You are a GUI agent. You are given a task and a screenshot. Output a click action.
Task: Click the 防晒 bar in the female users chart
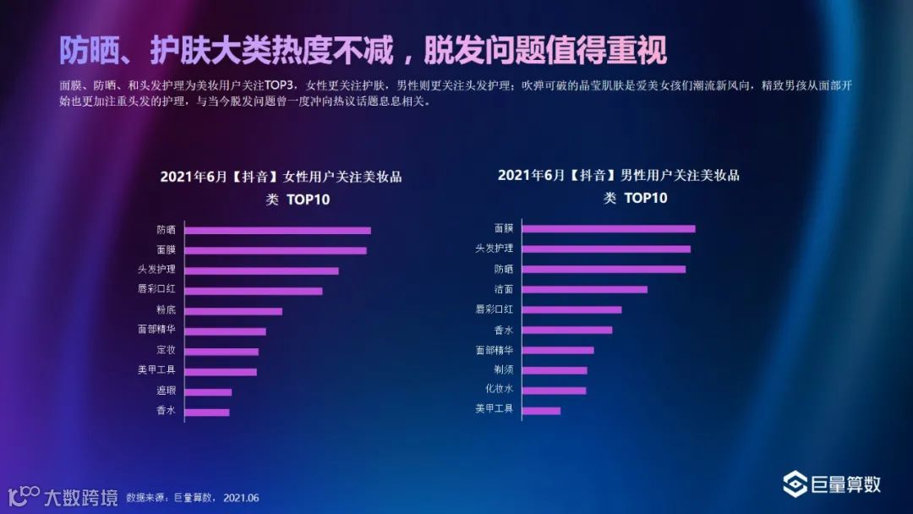277,230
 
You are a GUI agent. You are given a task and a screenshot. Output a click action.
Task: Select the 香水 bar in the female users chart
207,413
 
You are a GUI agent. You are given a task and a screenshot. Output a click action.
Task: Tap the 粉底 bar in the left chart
233,311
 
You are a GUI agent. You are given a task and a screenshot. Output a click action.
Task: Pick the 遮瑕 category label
166,391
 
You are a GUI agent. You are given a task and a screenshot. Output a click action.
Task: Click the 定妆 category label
166,350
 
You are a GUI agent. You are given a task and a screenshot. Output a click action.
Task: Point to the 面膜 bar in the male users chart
609,228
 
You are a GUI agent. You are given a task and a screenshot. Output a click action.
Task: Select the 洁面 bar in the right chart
585,289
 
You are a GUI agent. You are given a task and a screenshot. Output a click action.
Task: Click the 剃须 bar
555,370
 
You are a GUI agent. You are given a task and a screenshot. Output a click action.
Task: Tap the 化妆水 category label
499,390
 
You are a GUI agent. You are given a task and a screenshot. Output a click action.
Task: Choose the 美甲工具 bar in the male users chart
541,411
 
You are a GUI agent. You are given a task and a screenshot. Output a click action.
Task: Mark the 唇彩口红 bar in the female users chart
254,291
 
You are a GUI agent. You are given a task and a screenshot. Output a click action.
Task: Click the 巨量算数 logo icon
795,484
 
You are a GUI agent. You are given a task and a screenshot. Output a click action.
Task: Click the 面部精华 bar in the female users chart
226,331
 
